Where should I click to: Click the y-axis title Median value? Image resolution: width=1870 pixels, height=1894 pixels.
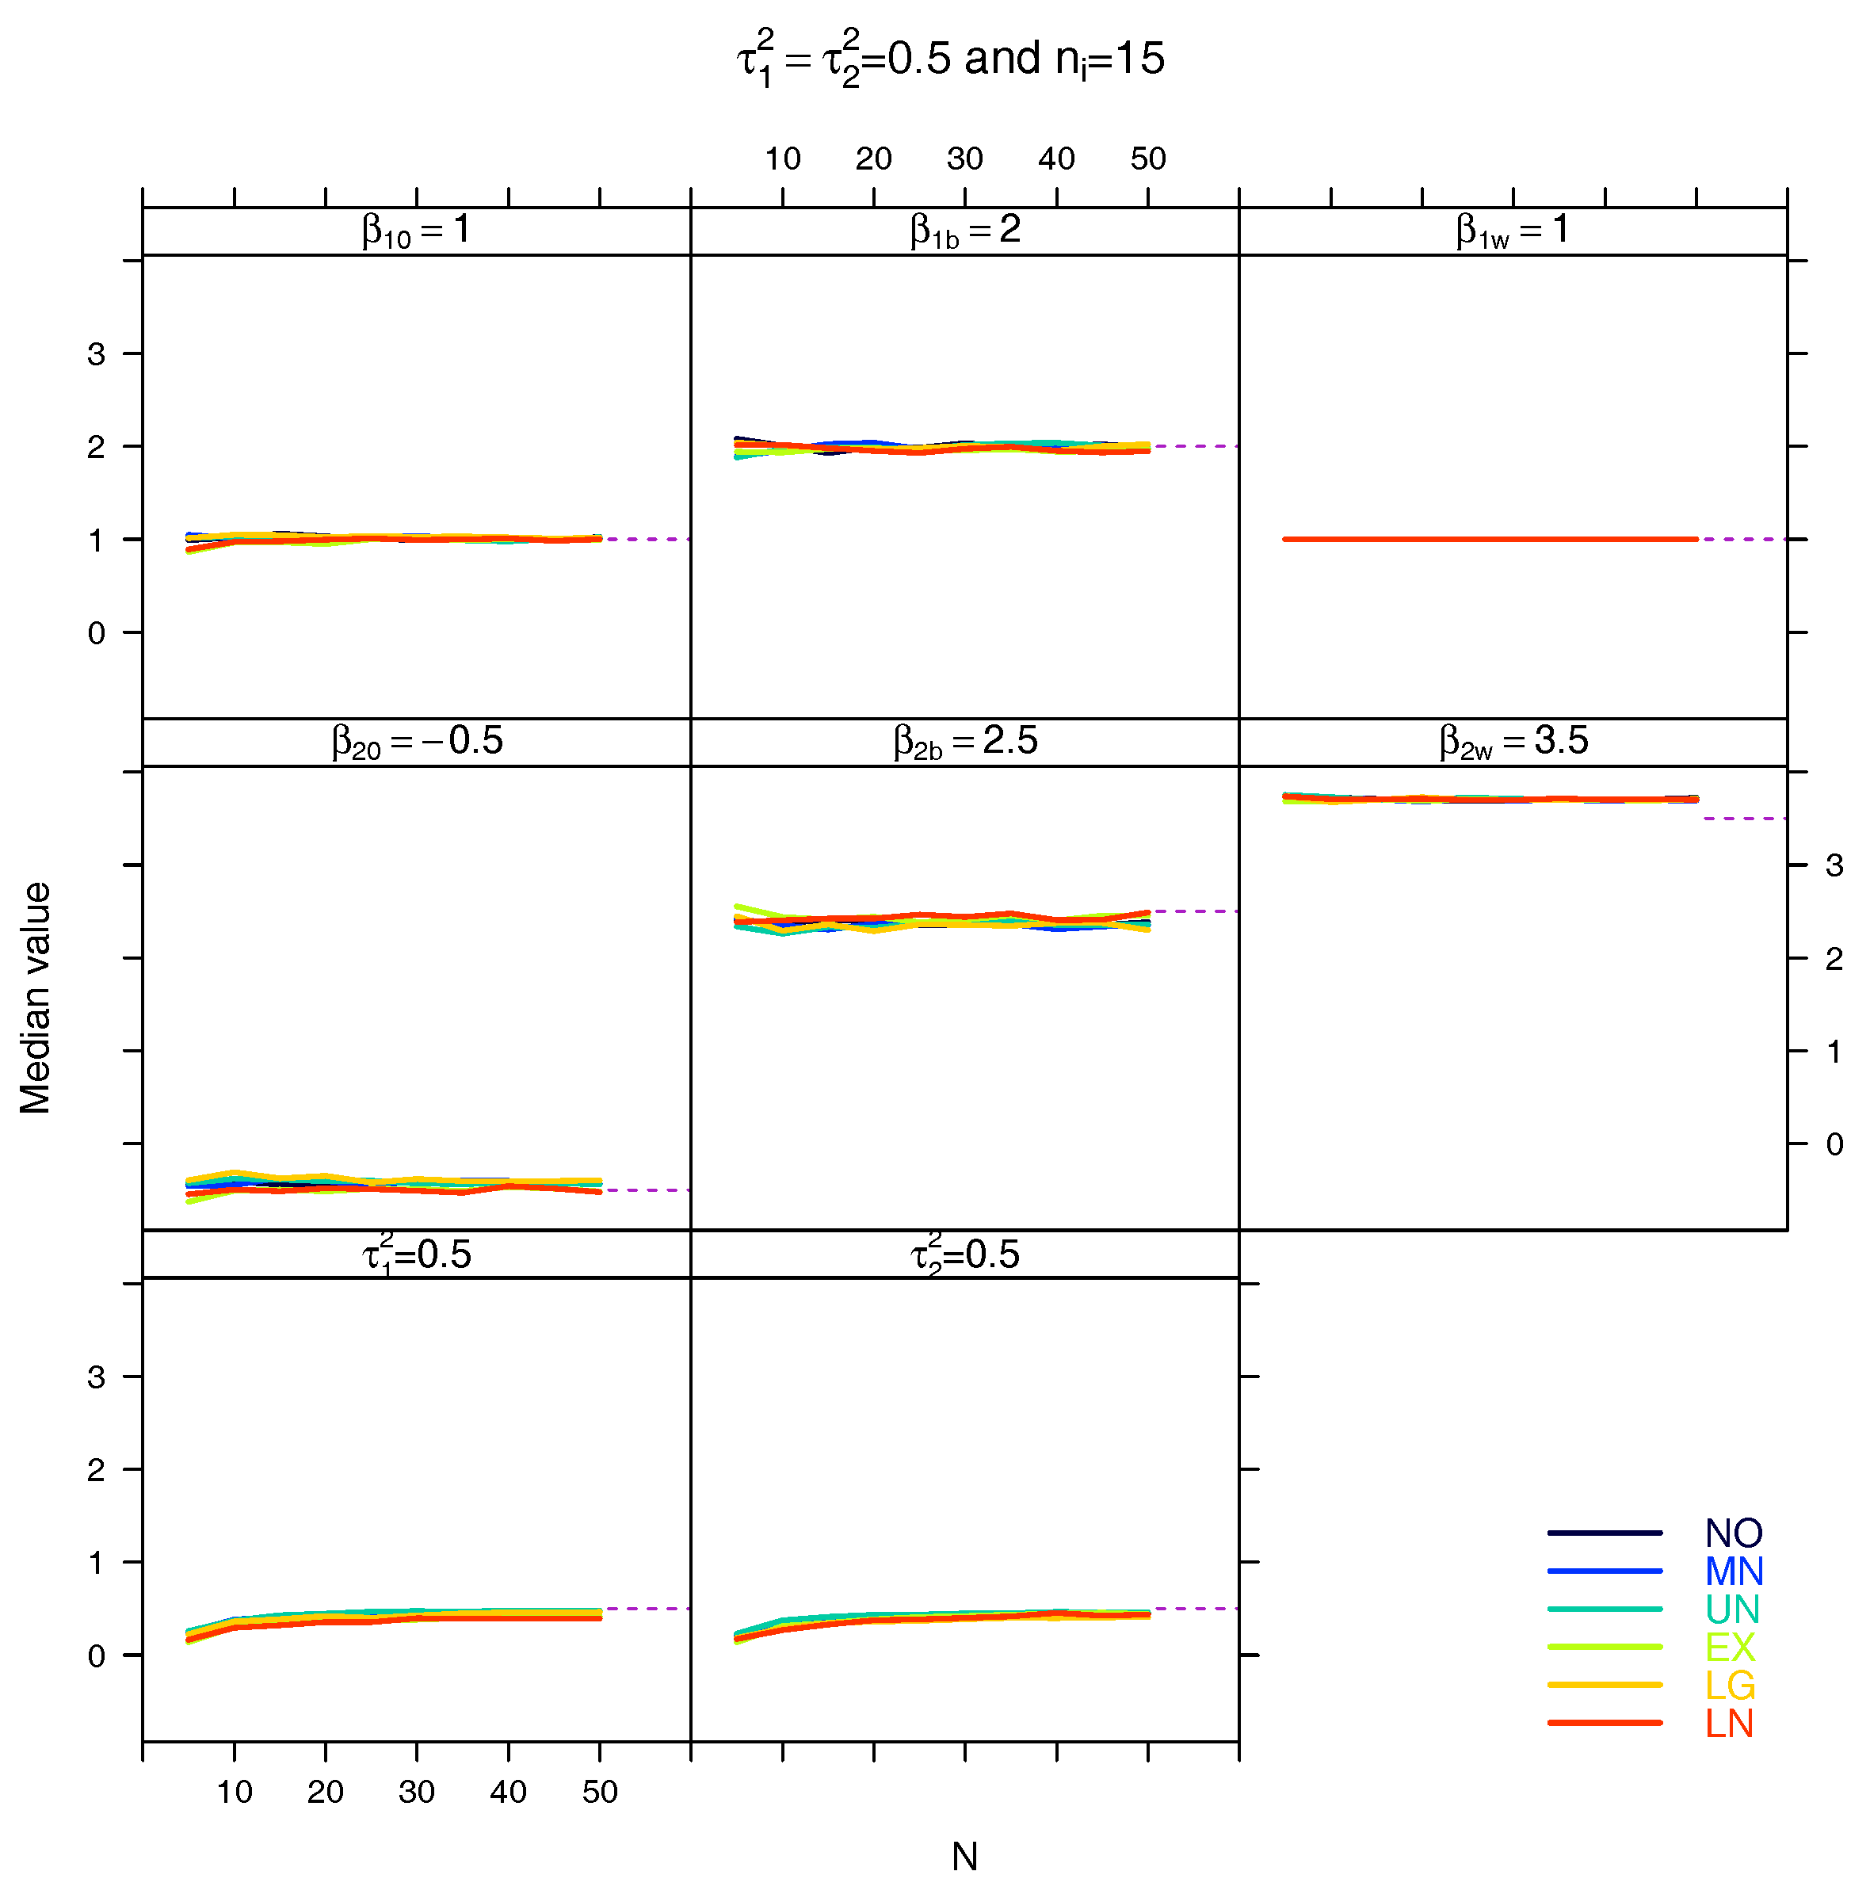tap(36, 998)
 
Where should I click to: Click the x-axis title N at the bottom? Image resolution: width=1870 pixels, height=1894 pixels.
tap(964, 1856)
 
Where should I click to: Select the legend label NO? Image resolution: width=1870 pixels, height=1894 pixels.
tap(1733, 1533)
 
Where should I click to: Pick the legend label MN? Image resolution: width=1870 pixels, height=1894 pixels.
tap(1733, 1571)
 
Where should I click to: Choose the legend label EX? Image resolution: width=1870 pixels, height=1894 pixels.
tap(1730, 1647)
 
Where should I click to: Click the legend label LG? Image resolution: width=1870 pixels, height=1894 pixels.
tap(1730, 1686)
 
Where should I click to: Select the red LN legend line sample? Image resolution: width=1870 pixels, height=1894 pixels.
tap(1605, 1723)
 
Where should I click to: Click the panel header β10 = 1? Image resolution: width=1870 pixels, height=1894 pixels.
tap(417, 231)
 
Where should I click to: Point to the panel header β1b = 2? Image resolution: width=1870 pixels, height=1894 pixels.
tap(964, 231)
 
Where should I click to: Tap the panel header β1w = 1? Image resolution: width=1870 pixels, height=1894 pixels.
tap(1513, 231)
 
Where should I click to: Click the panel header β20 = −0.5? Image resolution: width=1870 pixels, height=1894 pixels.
tap(417, 742)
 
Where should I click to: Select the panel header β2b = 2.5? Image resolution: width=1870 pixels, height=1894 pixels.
tap(964, 742)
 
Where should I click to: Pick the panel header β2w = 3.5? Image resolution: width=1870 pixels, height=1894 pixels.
tap(1513, 742)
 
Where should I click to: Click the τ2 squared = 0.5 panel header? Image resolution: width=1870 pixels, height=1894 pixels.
tap(964, 1254)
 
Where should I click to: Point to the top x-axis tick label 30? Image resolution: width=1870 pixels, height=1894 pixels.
tap(964, 158)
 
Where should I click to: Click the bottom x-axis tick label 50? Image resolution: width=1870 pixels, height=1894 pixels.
tap(600, 1792)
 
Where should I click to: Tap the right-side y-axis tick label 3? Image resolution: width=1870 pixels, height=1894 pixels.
tap(1834, 865)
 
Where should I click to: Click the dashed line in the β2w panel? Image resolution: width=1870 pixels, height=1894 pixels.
tap(1745, 819)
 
